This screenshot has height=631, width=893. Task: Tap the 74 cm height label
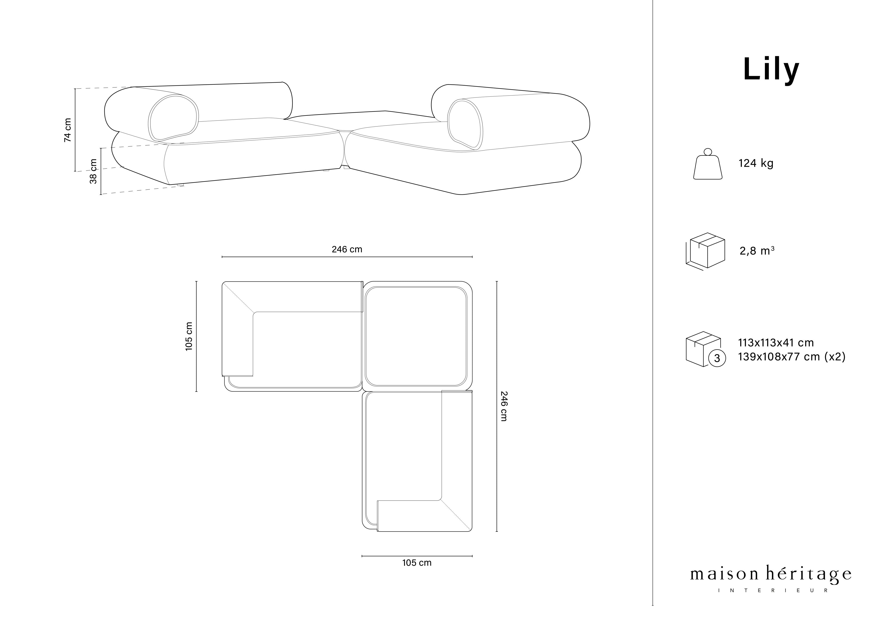pos(68,130)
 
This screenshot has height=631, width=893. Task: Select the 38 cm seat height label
pos(93,171)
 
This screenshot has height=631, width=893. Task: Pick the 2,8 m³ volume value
pos(757,251)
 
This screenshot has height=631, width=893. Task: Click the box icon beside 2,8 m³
pos(705,251)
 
